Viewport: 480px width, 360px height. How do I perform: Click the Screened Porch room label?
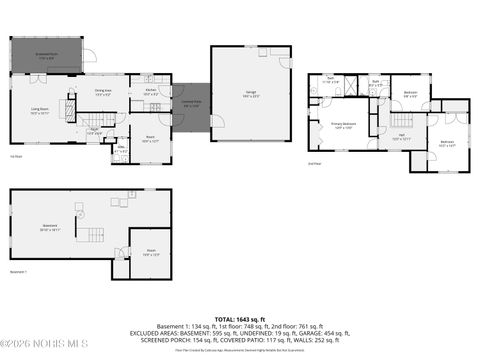click(x=47, y=54)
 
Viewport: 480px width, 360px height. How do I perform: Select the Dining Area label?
click(x=103, y=92)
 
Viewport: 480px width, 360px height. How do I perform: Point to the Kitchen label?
click(x=151, y=92)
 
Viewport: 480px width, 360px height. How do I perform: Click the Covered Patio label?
click(x=191, y=103)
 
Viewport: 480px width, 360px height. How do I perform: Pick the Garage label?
click(x=251, y=92)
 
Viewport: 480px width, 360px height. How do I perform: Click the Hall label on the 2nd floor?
click(x=400, y=137)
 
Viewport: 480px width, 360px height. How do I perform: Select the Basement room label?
click(x=50, y=227)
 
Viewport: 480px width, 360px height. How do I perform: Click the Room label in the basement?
click(x=150, y=252)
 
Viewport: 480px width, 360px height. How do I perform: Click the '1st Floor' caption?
click(x=17, y=156)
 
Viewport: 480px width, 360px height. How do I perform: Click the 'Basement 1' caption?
click(x=19, y=271)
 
